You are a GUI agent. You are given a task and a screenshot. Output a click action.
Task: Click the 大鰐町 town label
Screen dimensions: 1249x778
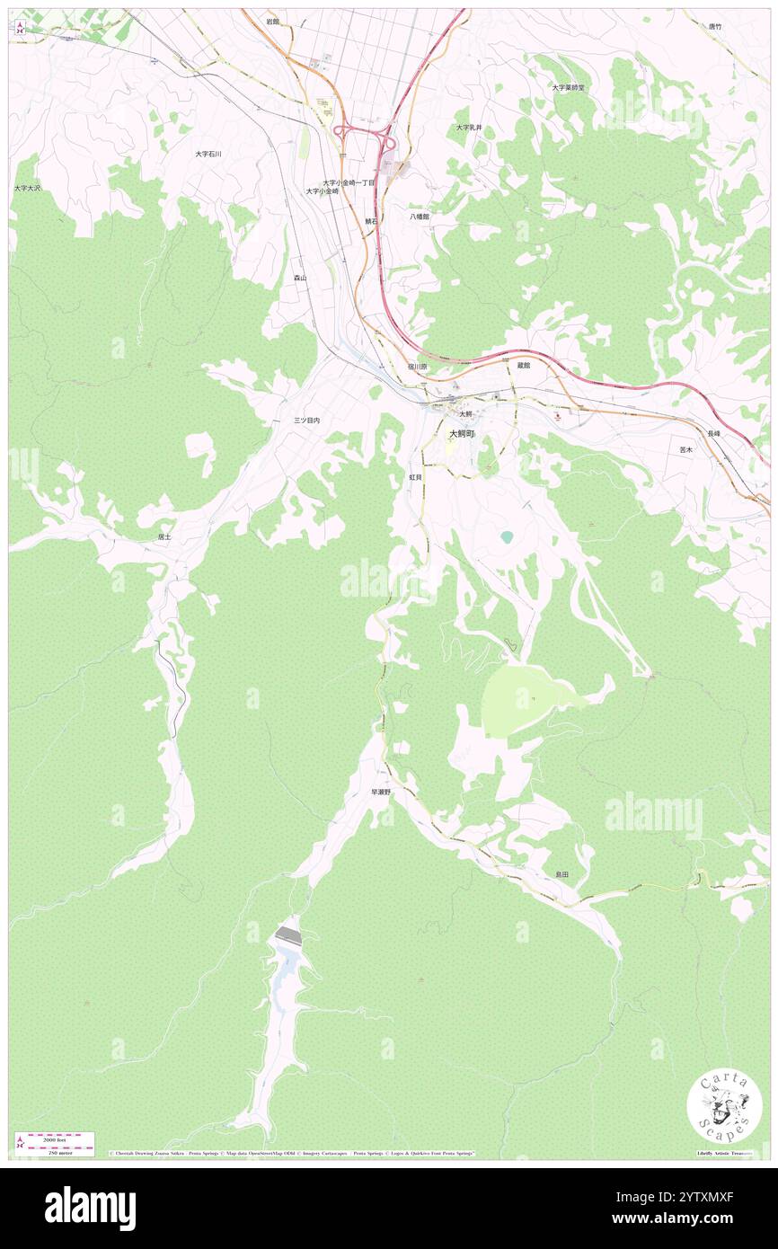(461, 433)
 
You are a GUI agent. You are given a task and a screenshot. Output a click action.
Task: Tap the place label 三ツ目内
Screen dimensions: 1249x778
(306, 420)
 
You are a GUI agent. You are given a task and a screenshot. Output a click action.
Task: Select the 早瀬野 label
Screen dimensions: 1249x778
(381, 793)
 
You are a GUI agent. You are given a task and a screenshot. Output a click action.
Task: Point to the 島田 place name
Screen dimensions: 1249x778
(561, 874)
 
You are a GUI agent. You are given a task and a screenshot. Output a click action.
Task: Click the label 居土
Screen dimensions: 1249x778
(163, 536)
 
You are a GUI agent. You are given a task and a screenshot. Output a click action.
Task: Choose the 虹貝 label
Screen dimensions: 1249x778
(415, 477)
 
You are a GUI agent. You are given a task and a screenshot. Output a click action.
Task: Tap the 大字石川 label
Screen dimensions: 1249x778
(208, 154)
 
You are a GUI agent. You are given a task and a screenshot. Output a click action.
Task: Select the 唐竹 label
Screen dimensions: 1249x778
(714, 27)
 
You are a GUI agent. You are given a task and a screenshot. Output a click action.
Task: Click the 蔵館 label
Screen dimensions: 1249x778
(524, 365)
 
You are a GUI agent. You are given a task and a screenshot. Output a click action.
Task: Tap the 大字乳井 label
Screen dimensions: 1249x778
(468, 128)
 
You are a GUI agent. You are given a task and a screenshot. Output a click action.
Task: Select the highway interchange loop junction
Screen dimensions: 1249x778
(364, 137)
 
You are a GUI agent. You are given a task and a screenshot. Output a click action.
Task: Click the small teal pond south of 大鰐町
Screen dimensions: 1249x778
(507, 536)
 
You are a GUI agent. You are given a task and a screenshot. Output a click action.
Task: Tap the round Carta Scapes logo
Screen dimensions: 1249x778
(724, 1106)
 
